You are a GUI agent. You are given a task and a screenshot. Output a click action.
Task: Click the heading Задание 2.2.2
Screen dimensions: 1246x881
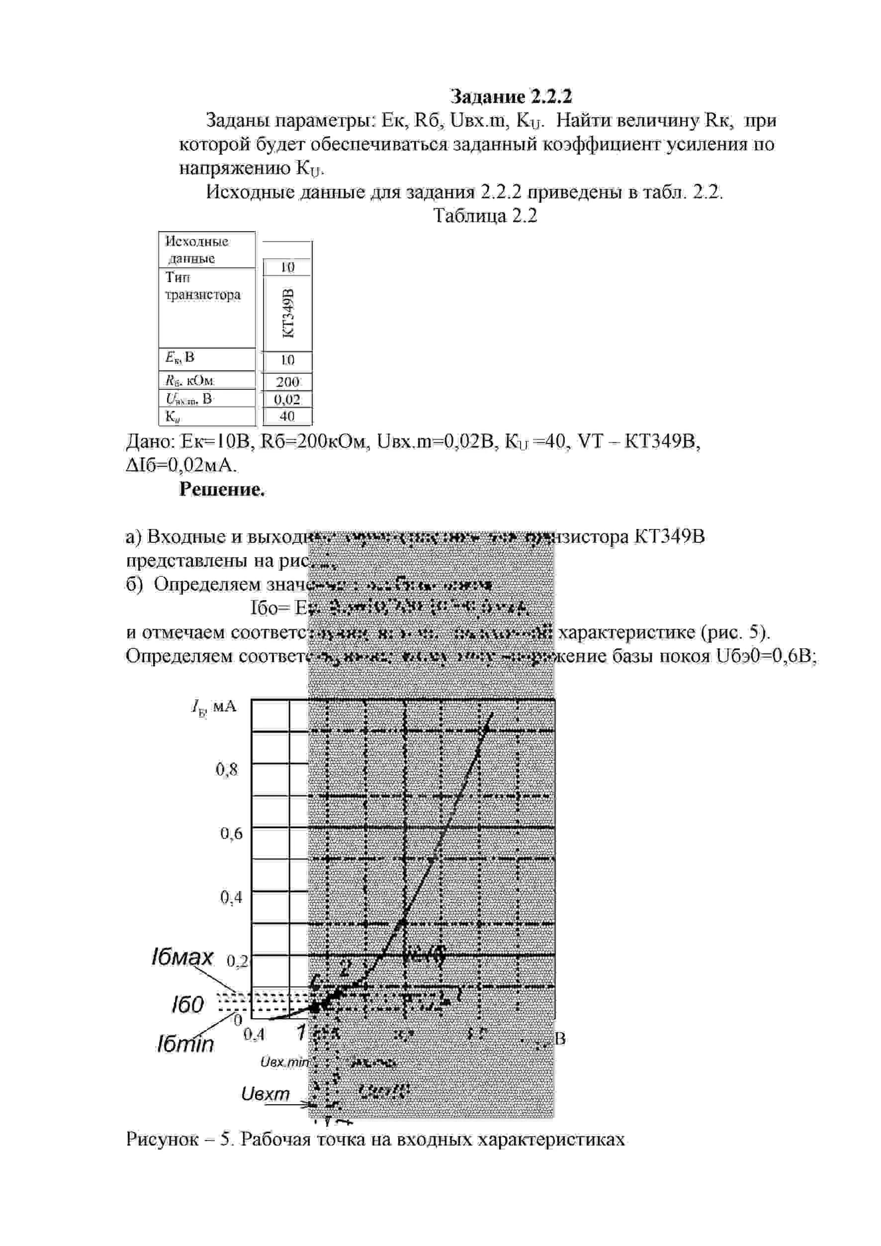coord(511,96)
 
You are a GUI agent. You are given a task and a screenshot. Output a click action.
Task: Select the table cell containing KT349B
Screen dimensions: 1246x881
coord(288,313)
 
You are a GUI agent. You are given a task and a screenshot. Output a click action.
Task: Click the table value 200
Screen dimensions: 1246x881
coord(287,382)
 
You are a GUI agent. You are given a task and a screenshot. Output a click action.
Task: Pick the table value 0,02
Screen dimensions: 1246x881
coord(287,400)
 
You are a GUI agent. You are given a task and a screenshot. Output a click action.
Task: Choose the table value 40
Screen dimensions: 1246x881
coord(287,416)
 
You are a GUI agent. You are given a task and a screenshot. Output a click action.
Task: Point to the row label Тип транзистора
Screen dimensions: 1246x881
coord(202,286)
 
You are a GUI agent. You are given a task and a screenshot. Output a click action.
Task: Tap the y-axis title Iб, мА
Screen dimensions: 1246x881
coord(214,707)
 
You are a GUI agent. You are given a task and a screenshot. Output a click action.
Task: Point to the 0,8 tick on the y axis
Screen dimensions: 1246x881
coord(227,769)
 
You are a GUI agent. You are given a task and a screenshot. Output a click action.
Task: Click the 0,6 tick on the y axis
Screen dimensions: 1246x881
coord(231,833)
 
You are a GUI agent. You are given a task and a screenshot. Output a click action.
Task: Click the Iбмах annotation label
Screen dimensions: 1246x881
coord(182,957)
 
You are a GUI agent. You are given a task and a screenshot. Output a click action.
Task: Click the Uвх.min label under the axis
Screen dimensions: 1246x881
coord(284,1062)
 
